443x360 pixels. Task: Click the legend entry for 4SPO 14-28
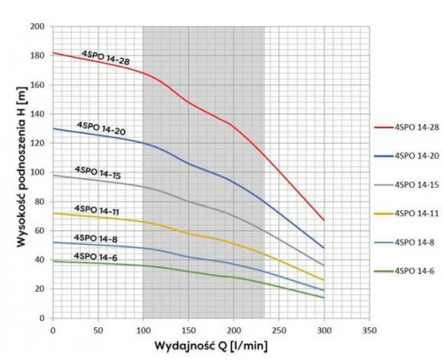[407, 127]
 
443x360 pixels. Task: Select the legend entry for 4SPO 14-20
[407, 156]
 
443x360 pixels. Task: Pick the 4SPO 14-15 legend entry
[407, 184]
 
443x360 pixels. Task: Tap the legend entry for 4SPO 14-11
[407, 214]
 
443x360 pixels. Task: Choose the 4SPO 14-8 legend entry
[404, 242]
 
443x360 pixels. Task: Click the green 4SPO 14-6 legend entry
[404, 271]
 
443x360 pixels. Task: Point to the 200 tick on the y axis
[37, 27]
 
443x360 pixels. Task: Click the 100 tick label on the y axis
[37, 172]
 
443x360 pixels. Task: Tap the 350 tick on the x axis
[369, 330]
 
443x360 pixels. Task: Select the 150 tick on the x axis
[189, 330]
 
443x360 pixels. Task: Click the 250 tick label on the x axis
[279, 330]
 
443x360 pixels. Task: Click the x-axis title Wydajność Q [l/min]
[211, 346]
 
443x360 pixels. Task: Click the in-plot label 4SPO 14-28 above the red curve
[105, 58]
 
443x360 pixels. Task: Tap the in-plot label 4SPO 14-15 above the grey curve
[97, 173]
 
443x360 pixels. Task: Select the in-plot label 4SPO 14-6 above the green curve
[96, 256]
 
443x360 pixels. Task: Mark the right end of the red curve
[324, 220]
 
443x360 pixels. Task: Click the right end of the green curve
[324, 298]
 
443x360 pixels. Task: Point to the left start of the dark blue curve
[53, 129]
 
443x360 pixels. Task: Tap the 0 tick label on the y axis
[42, 318]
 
